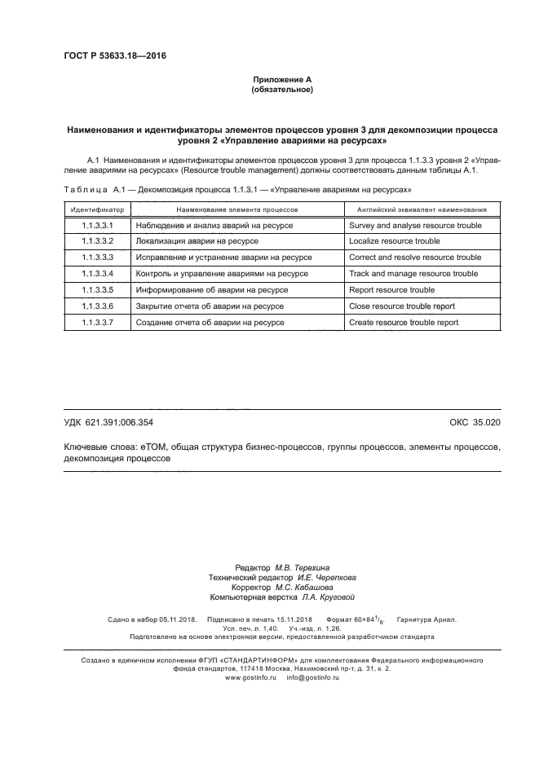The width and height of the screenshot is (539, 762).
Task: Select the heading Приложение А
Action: coord(282,79)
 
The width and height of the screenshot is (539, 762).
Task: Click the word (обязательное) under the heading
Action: coord(282,89)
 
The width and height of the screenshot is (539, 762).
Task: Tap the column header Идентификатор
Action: coord(96,209)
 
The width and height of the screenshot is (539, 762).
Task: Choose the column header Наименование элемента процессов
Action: coord(236,209)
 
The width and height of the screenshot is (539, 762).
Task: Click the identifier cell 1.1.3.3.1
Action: coord(96,226)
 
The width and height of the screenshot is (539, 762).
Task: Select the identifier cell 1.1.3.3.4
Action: coord(96,274)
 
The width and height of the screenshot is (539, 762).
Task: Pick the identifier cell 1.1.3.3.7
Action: coord(96,323)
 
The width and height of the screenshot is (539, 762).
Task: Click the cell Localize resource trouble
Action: coord(394,242)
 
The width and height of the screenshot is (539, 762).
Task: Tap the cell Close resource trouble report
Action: coord(402,306)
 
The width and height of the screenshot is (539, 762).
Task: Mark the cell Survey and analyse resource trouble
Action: coord(414,226)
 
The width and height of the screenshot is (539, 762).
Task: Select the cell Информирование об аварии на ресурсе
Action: coord(211,290)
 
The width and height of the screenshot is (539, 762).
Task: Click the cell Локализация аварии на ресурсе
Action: coord(197,242)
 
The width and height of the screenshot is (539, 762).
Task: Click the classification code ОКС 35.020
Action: coord(475,422)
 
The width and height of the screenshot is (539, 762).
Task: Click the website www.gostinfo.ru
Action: coord(250,678)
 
